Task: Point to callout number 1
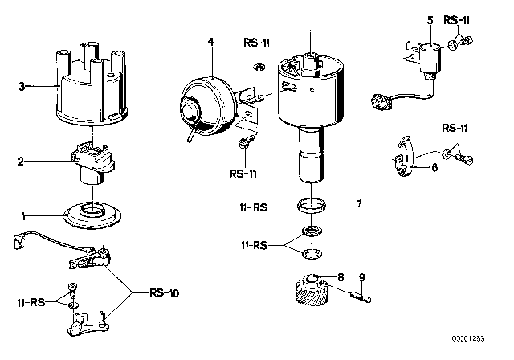(22, 215)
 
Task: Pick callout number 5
(430, 18)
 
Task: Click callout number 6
(434, 168)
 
